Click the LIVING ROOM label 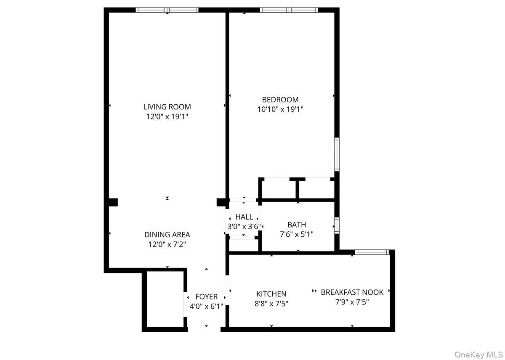click(x=167, y=107)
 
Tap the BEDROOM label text click(x=280, y=100)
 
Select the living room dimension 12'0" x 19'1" click(x=167, y=116)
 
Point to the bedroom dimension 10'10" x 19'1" click(x=280, y=109)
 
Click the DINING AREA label click(x=167, y=235)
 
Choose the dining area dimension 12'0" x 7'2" click(x=167, y=244)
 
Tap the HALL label click(x=244, y=217)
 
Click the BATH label click(x=297, y=225)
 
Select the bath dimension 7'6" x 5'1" click(x=297, y=234)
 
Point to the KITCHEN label click(x=271, y=294)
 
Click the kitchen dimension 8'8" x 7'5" click(x=271, y=303)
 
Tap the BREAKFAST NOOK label click(x=352, y=292)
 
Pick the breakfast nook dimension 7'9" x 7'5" click(x=352, y=302)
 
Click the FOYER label click(x=206, y=297)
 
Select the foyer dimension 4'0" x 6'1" click(x=206, y=306)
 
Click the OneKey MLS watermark click(x=478, y=355)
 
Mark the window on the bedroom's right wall click(x=337, y=154)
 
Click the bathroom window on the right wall click(x=337, y=225)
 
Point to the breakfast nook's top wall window click(x=372, y=252)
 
